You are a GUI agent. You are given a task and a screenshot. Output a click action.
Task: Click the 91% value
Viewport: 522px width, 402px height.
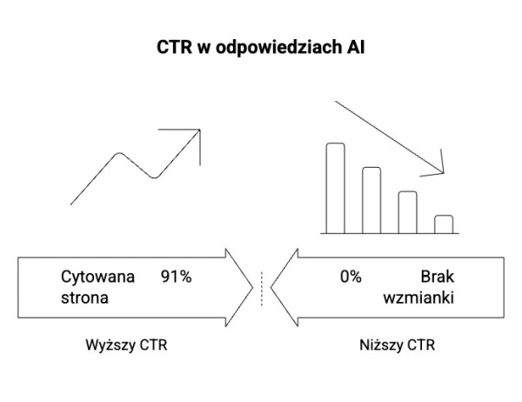tap(176, 278)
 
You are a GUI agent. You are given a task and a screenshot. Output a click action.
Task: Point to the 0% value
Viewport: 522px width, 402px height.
tap(351, 278)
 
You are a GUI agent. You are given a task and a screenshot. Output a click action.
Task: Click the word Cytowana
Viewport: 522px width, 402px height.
tap(97, 278)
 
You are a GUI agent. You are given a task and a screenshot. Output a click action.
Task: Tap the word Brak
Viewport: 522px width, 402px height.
tap(438, 278)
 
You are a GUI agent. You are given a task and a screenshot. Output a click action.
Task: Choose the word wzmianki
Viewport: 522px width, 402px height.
tap(419, 298)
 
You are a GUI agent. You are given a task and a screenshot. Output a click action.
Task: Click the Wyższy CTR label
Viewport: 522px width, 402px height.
tap(126, 345)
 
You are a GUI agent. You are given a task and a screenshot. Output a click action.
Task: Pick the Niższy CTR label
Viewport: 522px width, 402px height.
tap(398, 345)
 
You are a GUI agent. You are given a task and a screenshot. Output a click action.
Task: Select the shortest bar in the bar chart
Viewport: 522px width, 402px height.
tap(444, 224)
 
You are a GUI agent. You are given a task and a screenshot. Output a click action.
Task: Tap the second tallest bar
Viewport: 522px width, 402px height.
tap(371, 199)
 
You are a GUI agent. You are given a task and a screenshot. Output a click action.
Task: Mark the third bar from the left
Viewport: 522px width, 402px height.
tap(407, 211)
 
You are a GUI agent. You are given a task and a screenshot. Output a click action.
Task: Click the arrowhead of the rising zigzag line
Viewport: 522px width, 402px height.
tap(197, 135)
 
